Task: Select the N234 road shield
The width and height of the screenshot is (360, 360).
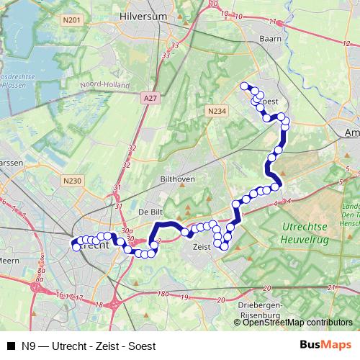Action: [216, 111]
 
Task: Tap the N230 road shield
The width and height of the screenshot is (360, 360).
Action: [73, 182]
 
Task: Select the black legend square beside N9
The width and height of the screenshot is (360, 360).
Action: [11, 346]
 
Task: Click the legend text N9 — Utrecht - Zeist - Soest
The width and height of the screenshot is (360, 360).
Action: [89, 346]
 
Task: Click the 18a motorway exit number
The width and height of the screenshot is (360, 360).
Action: [163, 294]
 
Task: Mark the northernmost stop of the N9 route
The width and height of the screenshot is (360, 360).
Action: [244, 86]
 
